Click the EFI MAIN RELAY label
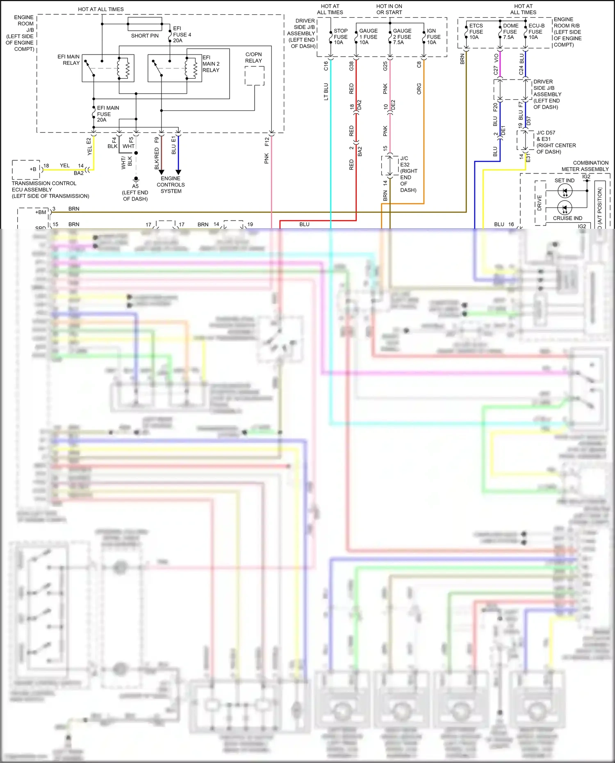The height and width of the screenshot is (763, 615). pos(68,60)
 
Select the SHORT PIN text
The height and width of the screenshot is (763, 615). pos(145,36)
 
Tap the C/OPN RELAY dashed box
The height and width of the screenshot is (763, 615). pos(254,76)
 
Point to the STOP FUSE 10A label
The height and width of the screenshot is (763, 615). pos(340,36)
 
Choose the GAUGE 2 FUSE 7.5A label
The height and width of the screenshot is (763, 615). pos(402,36)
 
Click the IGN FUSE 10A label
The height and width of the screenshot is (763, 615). pos(433,36)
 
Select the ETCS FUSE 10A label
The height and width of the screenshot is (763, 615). pos(476,32)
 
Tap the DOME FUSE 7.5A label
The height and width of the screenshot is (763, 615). pos(510,32)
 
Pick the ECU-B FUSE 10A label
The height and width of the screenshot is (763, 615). pos(536,32)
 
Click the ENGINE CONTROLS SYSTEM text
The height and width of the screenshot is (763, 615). pos(171,184)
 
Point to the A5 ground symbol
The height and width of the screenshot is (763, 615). pos(136,179)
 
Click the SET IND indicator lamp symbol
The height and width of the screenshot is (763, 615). pos(565,191)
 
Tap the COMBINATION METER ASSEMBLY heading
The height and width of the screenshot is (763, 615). pos(585,166)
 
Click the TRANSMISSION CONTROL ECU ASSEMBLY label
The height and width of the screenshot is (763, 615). pos(50,189)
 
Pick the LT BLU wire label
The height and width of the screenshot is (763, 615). pos(326,92)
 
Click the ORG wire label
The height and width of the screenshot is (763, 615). pos(419,89)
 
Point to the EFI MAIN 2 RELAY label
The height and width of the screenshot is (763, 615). pos(211,64)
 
